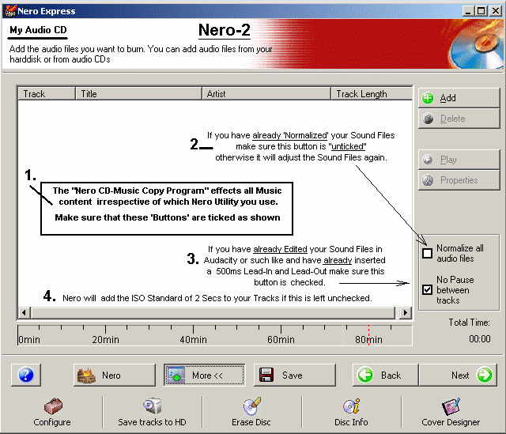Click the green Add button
[459, 98]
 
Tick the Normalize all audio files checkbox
[427, 253]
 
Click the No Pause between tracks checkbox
[427, 290]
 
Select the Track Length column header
[371, 94]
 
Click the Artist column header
[266, 94]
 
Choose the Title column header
[139, 94]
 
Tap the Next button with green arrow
[459, 375]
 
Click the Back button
[386, 375]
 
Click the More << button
[204, 375]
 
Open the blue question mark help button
[26, 375]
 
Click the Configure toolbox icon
[53, 406]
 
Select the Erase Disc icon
[251, 406]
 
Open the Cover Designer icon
[451, 406]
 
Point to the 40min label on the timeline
[193, 339]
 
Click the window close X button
[496, 11]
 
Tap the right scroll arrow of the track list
[406, 312]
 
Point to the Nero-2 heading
[225, 30]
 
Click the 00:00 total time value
[480, 339]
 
